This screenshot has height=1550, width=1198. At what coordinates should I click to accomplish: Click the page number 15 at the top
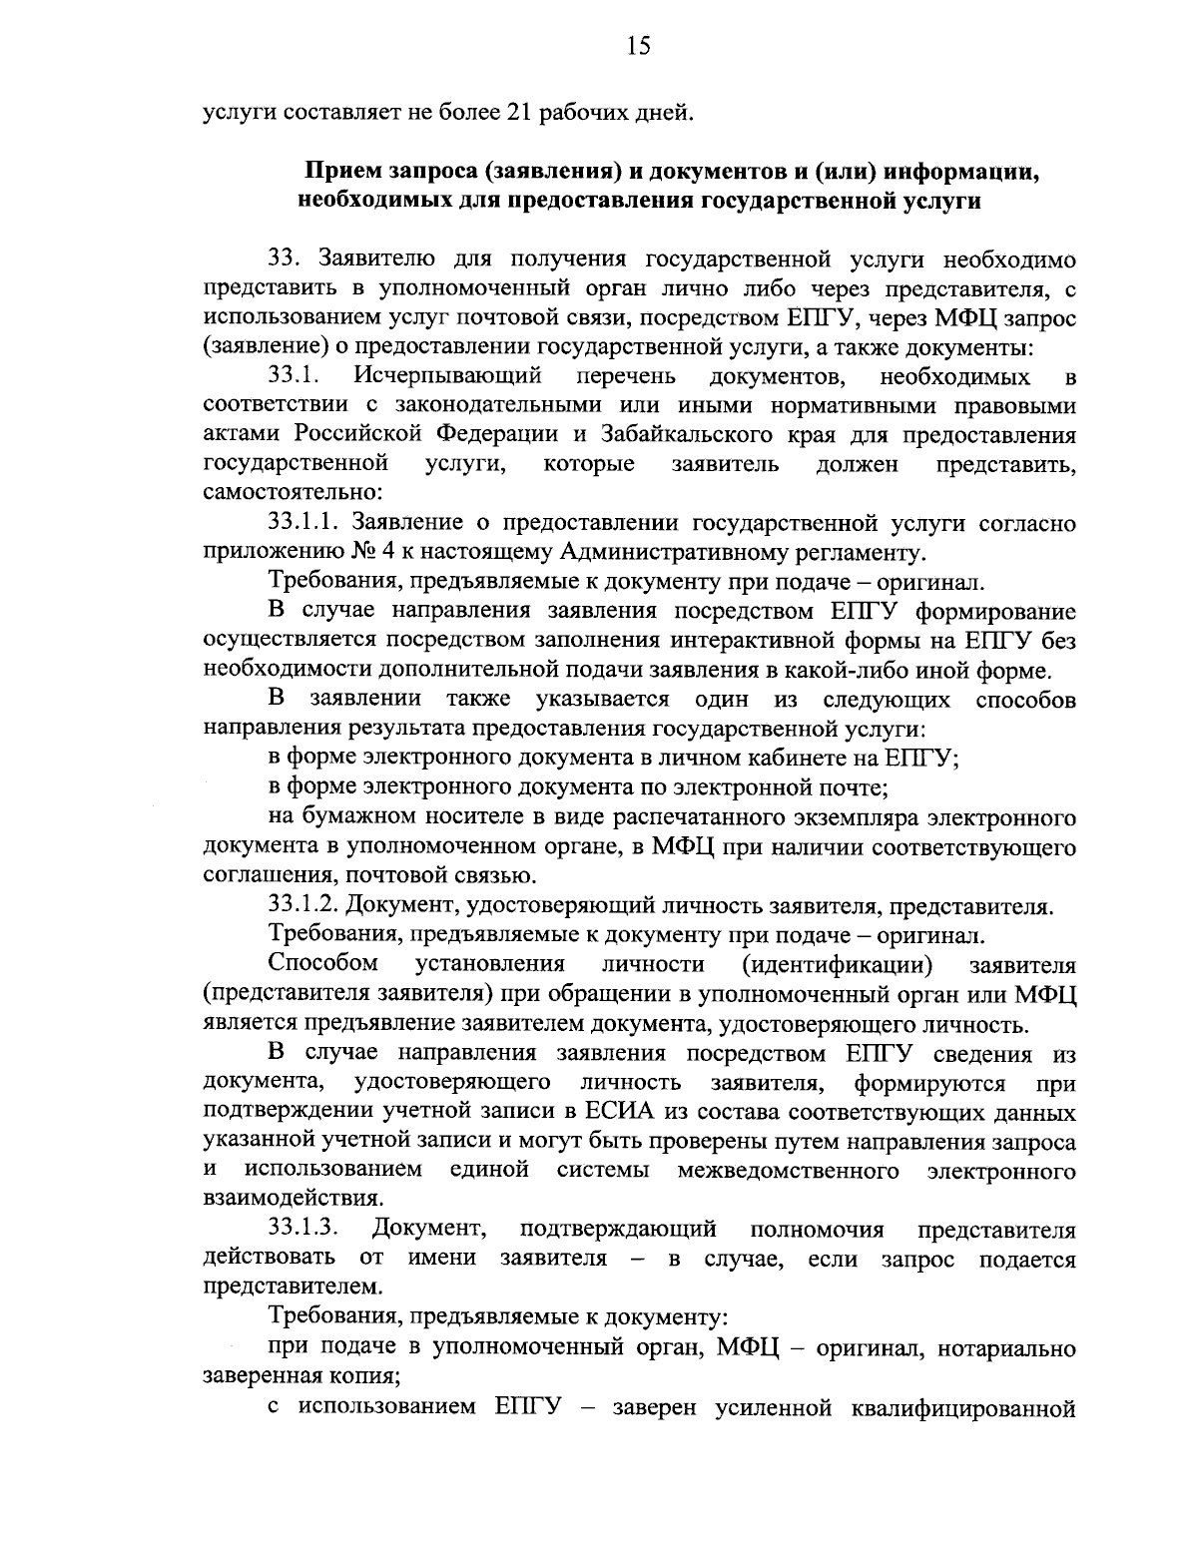click(639, 45)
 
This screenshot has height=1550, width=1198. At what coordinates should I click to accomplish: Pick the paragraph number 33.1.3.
click(305, 1228)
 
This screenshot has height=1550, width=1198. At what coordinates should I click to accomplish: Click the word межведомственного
click(788, 1170)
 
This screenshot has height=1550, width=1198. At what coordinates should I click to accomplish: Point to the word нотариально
click(998, 1349)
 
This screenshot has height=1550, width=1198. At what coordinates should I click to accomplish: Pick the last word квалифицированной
click(961, 1408)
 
